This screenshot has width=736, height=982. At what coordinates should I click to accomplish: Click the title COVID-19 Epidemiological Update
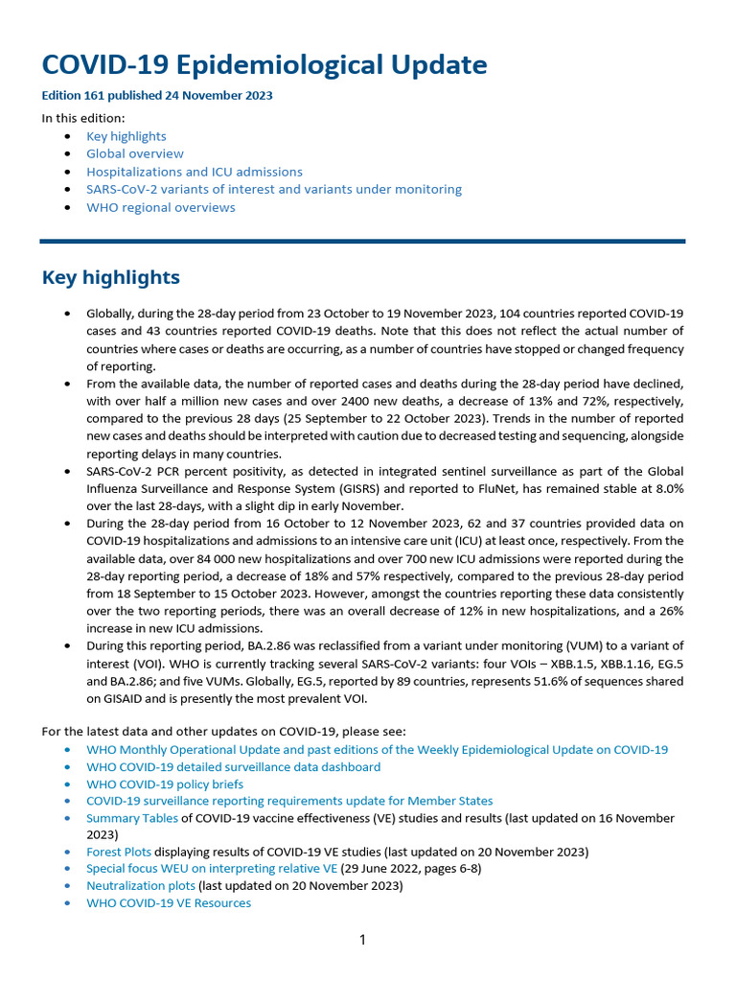point(264,65)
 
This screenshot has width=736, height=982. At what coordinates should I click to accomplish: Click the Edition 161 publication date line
point(157,96)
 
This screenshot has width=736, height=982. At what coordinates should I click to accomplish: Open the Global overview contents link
point(135,153)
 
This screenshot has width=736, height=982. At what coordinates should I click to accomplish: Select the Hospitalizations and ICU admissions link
point(195,172)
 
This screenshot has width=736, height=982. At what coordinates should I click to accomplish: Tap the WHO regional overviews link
point(161,207)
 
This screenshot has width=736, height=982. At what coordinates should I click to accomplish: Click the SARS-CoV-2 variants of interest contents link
point(274,189)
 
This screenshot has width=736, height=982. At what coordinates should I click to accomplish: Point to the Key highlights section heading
point(111,277)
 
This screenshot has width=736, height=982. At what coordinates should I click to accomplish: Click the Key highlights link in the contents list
point(126,136)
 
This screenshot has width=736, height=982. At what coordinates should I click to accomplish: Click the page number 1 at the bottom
point(362,940)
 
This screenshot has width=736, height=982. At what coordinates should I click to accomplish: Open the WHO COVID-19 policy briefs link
point(165,783)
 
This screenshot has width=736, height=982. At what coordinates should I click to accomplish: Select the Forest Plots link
point(119,851)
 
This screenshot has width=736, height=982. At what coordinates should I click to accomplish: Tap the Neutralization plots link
point(141,885)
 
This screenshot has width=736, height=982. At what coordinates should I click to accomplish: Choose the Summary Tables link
point(132,818)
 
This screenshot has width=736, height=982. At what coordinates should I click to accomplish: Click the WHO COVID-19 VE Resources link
point(169,902)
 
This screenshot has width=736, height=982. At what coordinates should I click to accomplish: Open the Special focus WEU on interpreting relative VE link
point(212,868)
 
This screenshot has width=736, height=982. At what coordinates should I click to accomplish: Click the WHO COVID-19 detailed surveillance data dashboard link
point(233,766)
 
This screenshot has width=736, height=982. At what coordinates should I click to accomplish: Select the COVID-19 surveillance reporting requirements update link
point(289,801)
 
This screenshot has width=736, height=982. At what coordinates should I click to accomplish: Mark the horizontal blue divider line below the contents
point(362,241)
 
